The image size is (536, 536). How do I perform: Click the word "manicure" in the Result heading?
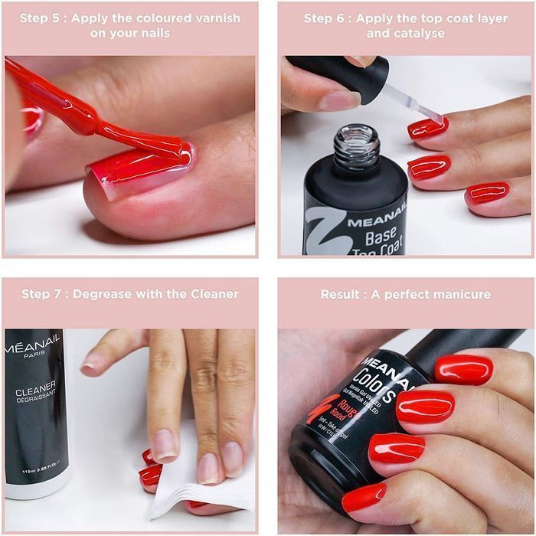pyautogui.click(x=461, y=294)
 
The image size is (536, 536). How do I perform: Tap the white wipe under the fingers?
pyautogui.click(x=191, y=479)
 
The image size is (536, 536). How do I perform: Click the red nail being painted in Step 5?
pyautogui.click(x=142, y=168)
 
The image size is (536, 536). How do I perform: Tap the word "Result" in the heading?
pyautogui.click(x=340, y=294)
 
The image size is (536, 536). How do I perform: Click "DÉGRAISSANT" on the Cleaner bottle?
pyautogui.click(x=36, y=407)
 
